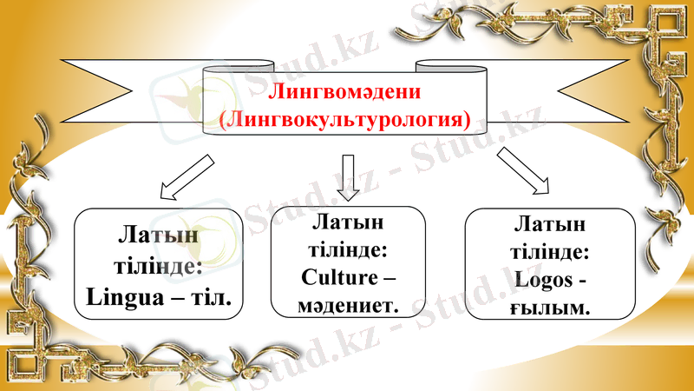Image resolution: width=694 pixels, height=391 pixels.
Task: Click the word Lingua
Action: [x=127, y=296]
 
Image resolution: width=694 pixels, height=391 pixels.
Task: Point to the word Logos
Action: [x=543, y=280]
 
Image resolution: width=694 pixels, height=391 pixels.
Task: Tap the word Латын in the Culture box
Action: [x=347, y=224]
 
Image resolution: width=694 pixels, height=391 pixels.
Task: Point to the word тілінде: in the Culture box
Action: [x=347, y=251]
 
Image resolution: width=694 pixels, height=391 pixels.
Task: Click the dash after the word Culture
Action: [x=388, y=279]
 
